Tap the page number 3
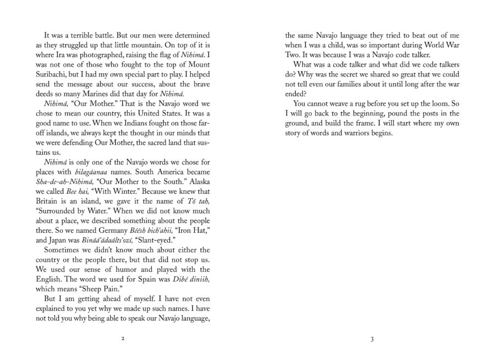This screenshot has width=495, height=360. [372, 337]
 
